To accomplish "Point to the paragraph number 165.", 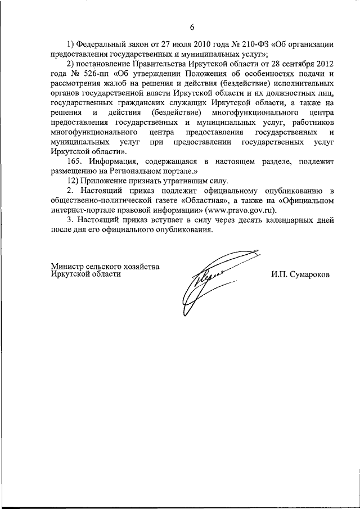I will [x=76, y=161].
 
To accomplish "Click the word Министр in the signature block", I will [x=66, y=265].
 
